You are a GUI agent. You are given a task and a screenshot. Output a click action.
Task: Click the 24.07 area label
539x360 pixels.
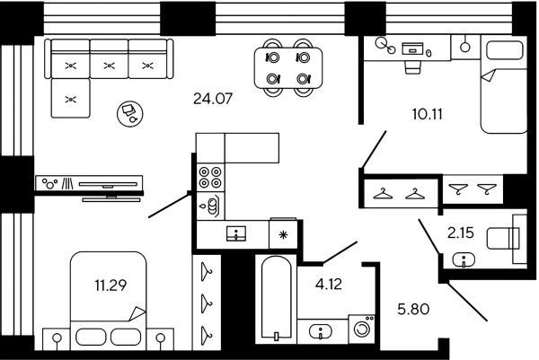point(213,99)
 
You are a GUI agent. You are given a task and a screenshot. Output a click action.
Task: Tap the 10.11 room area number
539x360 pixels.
point(428,114)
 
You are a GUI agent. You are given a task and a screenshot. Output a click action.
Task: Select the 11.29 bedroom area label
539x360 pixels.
point(110,285)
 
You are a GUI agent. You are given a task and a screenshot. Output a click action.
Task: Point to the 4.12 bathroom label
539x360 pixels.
point(329,284)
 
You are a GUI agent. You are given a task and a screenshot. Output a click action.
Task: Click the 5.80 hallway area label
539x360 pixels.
point(413,309)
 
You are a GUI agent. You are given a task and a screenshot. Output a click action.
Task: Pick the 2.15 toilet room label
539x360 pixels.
point(461,233)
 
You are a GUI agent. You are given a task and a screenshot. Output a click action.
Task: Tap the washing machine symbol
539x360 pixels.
point(362,329)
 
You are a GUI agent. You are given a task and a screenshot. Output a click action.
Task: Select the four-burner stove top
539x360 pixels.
point(210,177)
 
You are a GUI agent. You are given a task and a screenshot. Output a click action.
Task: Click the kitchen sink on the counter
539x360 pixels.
point(236,233)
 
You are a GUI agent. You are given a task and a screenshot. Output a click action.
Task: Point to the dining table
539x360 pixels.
point(288,67)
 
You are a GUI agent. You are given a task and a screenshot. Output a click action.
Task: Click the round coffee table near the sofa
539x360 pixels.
point(130,113)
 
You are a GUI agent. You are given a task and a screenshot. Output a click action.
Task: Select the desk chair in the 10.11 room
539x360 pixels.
point(412,67)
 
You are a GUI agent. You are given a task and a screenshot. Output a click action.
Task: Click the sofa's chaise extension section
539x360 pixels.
point(70,98)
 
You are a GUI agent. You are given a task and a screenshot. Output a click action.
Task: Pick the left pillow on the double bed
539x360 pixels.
point(91,337)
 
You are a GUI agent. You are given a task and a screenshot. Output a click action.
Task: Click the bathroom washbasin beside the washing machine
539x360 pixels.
point(321,332)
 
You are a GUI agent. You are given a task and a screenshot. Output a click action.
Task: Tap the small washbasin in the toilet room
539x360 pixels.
point(464,259)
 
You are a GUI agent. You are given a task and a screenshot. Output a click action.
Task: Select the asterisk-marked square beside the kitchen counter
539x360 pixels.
point(283,234)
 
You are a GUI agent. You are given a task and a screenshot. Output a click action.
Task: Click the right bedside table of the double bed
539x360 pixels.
point(160,339)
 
